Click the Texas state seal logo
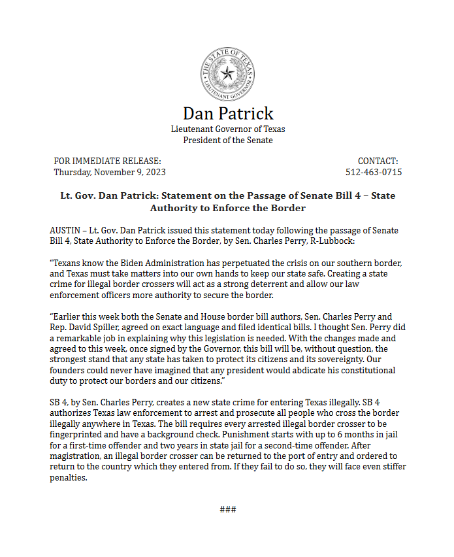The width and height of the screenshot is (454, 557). pyautogui.click(x=227, y=73)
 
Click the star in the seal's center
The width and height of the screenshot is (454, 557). pyautogui.click(x=227, y=73)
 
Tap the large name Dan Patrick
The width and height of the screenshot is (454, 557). pyautogui.click(x=227, y=113)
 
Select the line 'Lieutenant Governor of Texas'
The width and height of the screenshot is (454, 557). pyautogui.click(x=227, y=129)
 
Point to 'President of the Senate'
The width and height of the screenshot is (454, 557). pyautogui.click(x=227, y=140)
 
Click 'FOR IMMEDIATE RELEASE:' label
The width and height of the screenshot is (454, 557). pyautogui.click(x=107, y=161)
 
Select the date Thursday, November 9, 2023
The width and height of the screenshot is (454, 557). pyautogui.click(x=109, y=173)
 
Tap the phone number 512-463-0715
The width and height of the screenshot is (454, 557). pyautogui.click(x=374, y=173)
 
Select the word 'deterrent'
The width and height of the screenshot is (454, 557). pyautogui.click(x=310, y=285)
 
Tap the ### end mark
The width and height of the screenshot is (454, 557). pyautogui.click(x=227, y=510)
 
